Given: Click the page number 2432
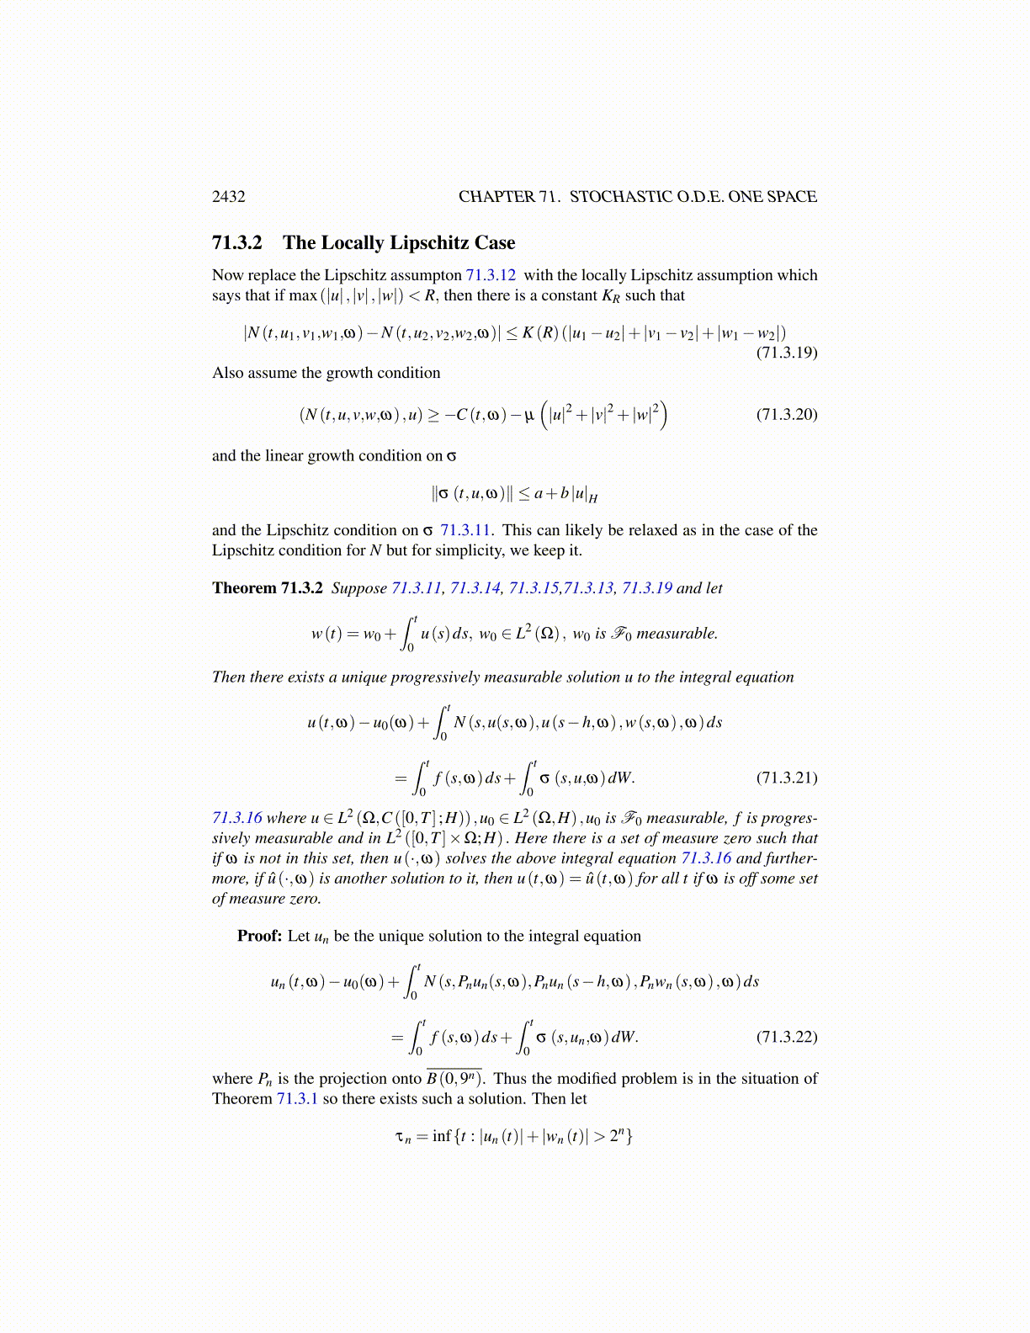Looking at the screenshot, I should (x=229, y=197).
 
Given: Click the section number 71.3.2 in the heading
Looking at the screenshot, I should (x=237, y=243).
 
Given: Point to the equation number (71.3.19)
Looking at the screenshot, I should (x=787, y=353).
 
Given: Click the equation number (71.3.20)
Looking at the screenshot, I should (x=787, y=414).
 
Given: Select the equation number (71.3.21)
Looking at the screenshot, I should (x=787, y=778).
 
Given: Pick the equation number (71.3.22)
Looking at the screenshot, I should (x=787, y=1037).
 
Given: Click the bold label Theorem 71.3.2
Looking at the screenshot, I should (x=268, y=588).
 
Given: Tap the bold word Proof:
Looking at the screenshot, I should (x=259, y=937).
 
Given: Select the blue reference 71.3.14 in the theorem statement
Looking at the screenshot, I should (x=475, y=588).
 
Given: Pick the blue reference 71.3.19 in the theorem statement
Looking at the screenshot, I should (x=646, y=588).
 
